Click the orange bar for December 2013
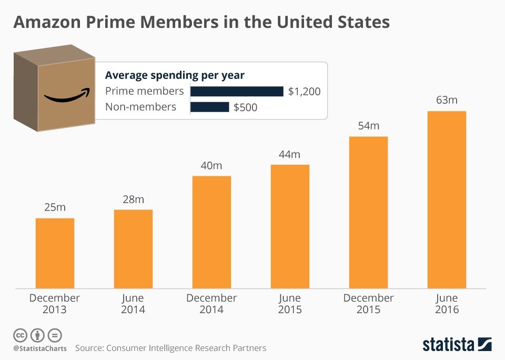pos(55,253)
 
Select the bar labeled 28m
pos(133,249)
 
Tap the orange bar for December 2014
pos(211,232)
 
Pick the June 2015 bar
pos(290,226)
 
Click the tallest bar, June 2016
pos(447,199)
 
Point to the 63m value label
pos(447,99)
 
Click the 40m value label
pos(211,165)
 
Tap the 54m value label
pos(368,126)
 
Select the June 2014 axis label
pos(133,304)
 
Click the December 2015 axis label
pos(368,304)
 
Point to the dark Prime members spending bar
pos(237,92)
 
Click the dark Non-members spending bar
pos(209,107)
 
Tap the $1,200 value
pos(304,92)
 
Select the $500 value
pos(245,107)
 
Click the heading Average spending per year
pos(175,75)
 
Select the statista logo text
pos(449,345)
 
